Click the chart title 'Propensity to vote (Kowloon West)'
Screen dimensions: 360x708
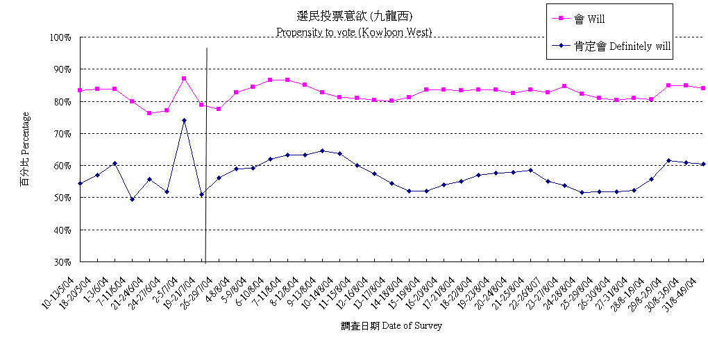click(354, 32)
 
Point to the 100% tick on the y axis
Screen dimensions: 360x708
click(60, 37)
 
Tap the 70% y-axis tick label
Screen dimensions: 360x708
click(62, 134)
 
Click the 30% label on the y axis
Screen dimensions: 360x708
click(62, 262)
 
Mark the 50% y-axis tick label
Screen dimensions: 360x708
click(62, 198)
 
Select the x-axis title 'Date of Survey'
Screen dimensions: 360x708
click(391, 325)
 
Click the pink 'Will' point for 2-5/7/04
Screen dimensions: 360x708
click(184, 78)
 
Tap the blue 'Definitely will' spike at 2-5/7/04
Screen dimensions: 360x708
click(184, 121)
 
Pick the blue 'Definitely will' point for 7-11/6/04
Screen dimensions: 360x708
click(132, 200)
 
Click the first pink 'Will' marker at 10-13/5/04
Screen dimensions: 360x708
click(81, 91)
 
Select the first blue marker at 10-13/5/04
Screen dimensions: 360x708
click(81, 184)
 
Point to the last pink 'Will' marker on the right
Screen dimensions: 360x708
click(703, 88)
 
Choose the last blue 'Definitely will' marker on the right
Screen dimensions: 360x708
click(703, 164)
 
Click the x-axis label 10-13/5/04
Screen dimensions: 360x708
click(60, 286)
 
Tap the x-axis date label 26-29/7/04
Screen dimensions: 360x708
click(199, 286)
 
